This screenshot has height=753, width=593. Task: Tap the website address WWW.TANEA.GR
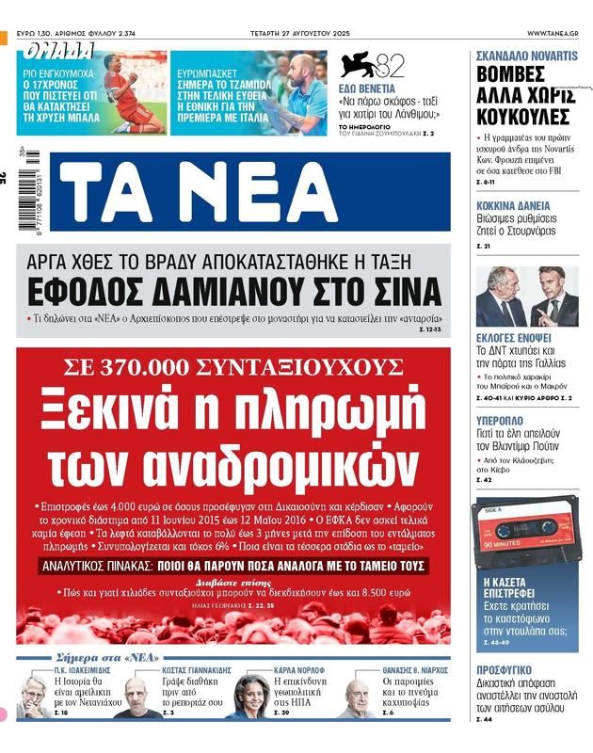point(553,34)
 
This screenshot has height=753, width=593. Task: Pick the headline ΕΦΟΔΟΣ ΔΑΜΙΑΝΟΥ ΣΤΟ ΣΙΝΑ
point(234,290)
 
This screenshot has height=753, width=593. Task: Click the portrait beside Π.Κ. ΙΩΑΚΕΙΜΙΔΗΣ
point(34,698)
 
